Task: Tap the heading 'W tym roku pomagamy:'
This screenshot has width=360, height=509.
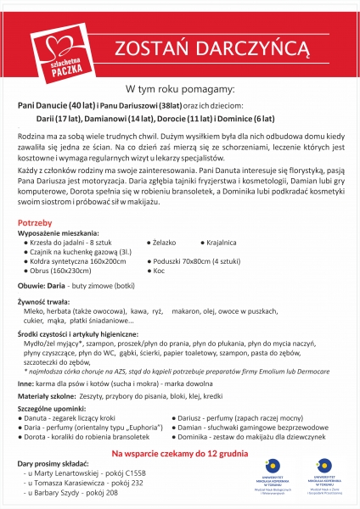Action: (x=180, y=88)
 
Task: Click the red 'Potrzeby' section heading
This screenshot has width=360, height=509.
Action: (x=36, y=246)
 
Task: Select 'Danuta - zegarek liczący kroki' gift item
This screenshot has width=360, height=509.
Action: (x=71, y=418)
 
